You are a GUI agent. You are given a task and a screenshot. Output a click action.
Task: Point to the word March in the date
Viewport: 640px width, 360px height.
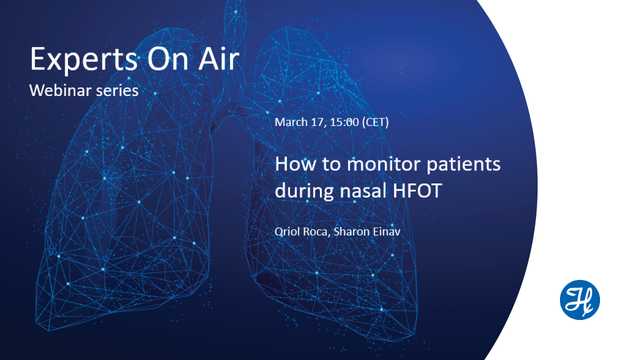pyautogui.click(x=291, y=123)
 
